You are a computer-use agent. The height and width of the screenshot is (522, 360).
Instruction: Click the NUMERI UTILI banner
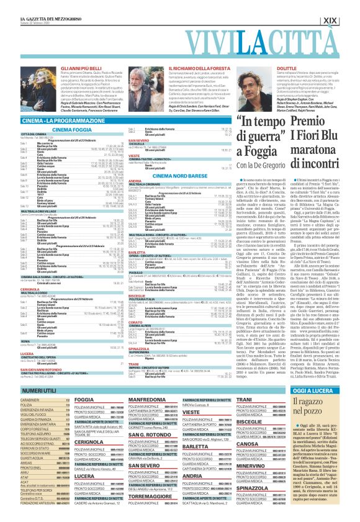pos(29,389)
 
